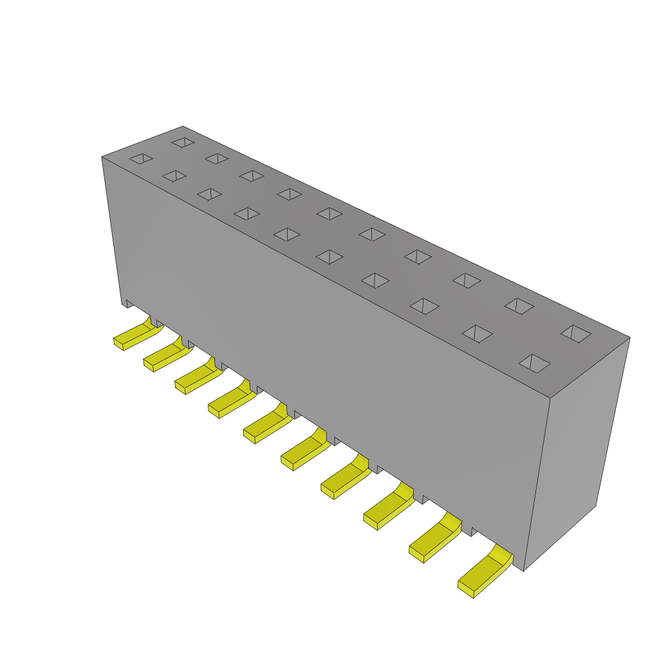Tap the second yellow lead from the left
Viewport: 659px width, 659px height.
166,355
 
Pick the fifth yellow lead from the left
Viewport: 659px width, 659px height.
266,425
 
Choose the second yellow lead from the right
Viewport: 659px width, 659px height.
434,541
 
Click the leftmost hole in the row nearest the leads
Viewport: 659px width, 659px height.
141,158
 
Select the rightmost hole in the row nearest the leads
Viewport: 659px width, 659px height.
534,364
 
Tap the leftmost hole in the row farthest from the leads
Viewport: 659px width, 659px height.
183,142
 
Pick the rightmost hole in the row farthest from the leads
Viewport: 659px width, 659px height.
575,333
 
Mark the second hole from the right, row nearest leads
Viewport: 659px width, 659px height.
477,333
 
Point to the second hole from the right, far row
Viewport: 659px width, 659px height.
519,306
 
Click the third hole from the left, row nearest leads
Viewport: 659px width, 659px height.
209,194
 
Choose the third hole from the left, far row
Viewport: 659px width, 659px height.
252,176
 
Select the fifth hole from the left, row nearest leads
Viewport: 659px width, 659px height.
287,234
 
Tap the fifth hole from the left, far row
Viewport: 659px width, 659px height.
329,214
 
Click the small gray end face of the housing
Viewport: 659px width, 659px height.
576,450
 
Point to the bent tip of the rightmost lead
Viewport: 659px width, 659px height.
466,589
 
